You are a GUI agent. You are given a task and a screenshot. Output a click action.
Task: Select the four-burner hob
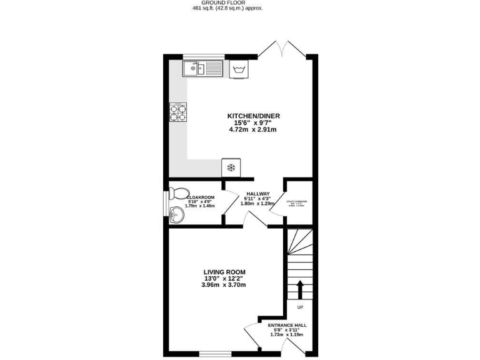[178, 112]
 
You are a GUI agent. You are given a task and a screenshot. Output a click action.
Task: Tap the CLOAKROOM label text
[201, 197]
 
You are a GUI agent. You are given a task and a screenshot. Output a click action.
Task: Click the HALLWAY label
[257, 194]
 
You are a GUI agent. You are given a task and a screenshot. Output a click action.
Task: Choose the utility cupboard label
[297, 202]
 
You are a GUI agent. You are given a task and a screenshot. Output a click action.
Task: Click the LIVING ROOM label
[224, 272]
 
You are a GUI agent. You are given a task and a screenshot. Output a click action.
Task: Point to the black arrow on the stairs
[299, 289]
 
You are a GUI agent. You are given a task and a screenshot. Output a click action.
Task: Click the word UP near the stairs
[300, 307]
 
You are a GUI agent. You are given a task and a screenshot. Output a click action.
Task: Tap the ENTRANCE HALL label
[287, 326]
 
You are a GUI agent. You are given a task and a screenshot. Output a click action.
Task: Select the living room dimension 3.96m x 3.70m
[224, 285]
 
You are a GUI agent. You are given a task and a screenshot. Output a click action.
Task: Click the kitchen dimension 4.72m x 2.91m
[253, 129]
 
